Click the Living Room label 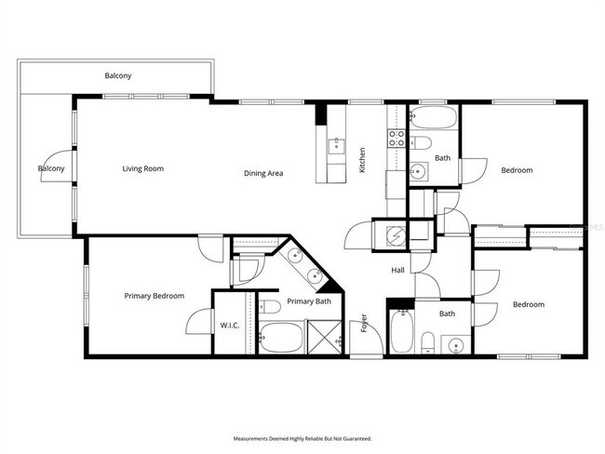tap(143, 169)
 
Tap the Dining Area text tap(263, 173)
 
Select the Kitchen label tap(362, 161)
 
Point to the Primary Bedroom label tap(155, 296)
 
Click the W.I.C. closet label tap(229, 326)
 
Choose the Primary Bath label tap(309, 301)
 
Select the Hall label tap(397, 270)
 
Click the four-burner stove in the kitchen tap(396, 140)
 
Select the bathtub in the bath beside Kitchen tap(434, 118)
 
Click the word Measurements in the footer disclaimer tap(250, 437)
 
